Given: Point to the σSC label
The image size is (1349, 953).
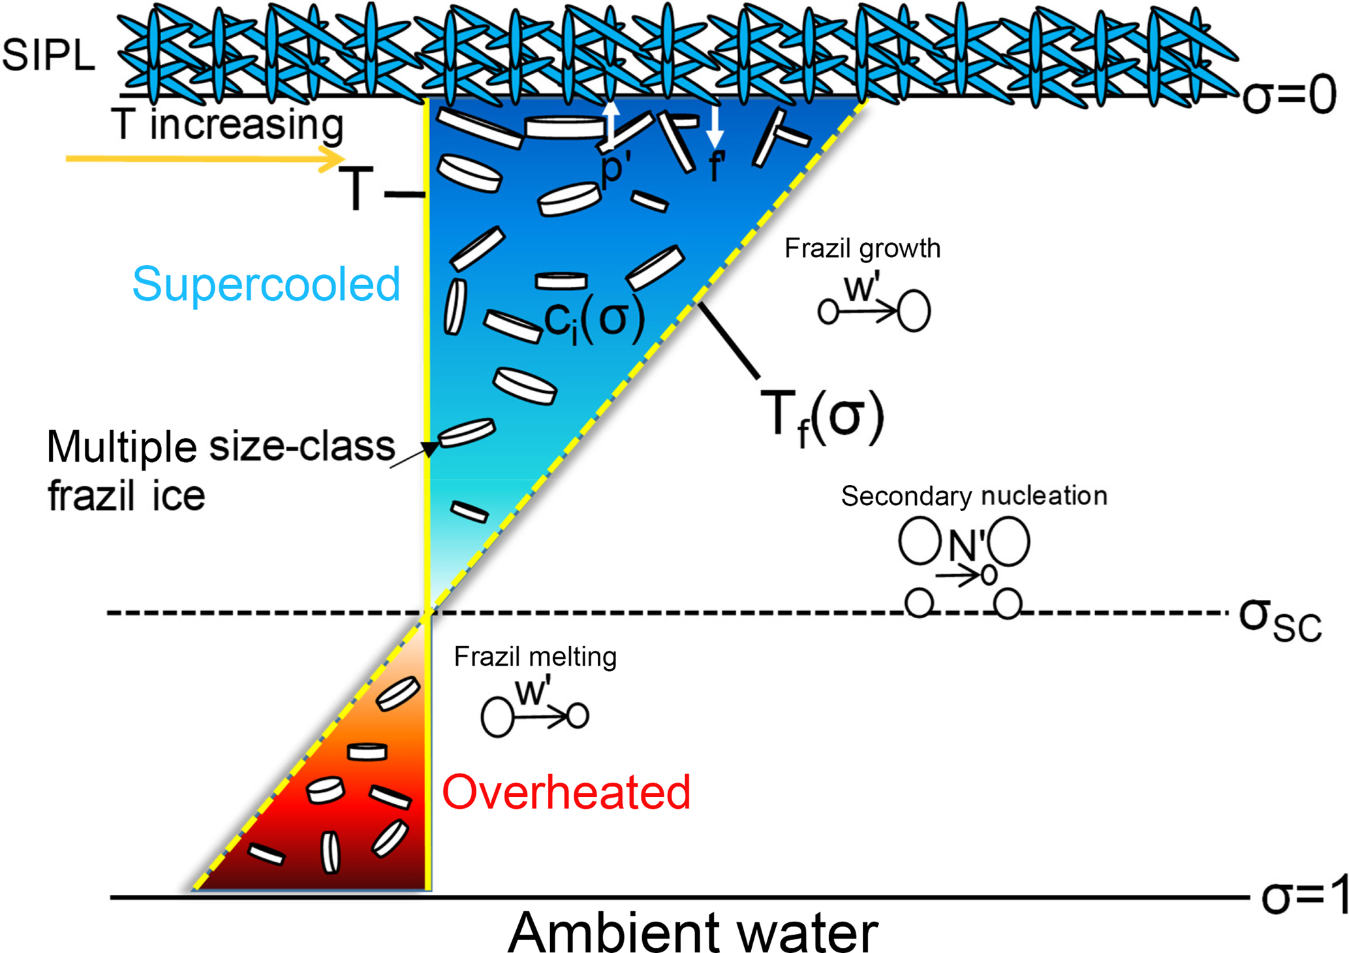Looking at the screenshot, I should click(x=1280, y=619).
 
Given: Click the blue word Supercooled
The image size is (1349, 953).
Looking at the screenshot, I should click(x=266, y=284).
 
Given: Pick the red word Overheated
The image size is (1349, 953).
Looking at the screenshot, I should click(x=566, y=792).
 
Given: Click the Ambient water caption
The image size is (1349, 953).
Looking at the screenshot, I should click(x=692, y=932).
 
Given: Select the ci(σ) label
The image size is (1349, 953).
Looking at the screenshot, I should click(x=594, y=320).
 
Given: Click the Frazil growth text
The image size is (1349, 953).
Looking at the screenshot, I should click(x=862, y=249).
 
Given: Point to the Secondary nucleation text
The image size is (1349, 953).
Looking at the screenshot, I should click(x=974, y=496).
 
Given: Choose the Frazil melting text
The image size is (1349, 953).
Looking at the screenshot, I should click(x=535, y=657).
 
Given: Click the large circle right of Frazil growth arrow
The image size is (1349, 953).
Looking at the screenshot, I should click(x=914, y=311).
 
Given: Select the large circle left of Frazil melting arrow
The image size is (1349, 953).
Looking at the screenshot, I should click(x=497, y=717).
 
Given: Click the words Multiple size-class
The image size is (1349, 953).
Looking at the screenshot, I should click(x=221, y=447).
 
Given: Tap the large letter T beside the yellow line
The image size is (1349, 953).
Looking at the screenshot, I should click(x=356, y=189).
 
